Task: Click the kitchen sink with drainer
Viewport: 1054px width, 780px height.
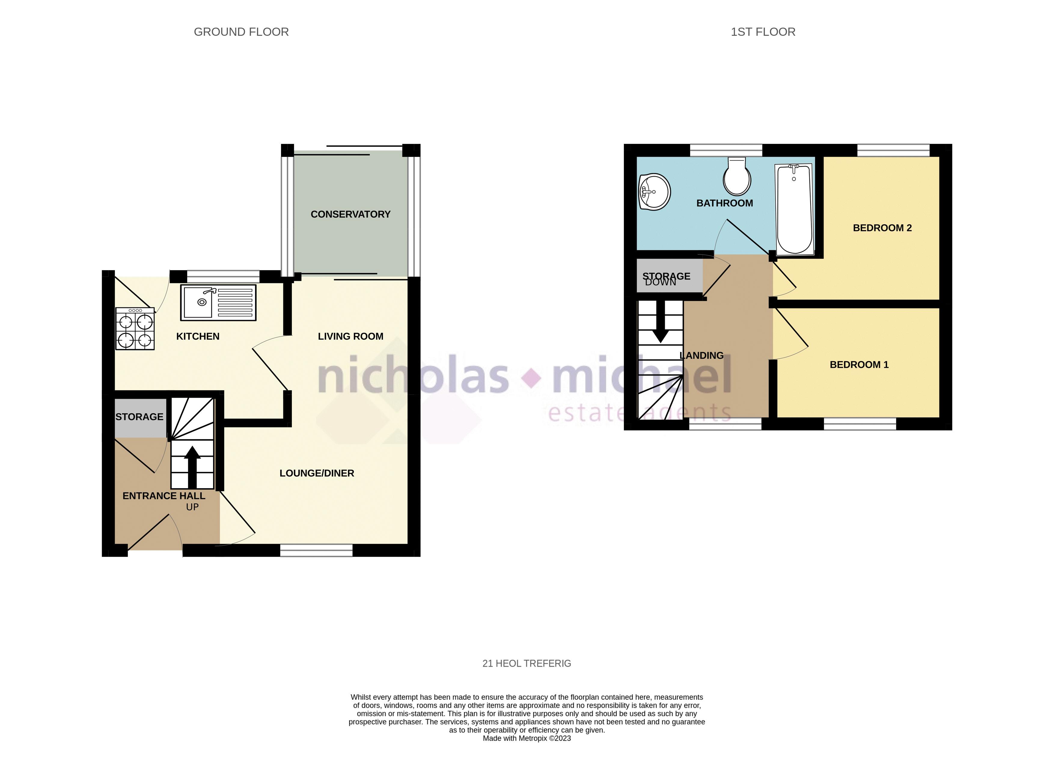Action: click(218, 303)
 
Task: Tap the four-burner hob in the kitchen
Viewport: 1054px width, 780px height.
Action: click(135, 329)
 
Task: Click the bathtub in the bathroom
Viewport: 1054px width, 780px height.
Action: click(794, 209)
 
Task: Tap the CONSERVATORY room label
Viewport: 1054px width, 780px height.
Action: click(350, 214)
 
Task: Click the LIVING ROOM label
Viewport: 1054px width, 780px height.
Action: click(350, 336)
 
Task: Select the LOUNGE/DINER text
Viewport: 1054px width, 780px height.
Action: click(317, 473)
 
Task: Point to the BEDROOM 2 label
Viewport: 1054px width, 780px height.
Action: click(882, 228)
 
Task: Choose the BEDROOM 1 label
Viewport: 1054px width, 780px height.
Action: click(859, 364)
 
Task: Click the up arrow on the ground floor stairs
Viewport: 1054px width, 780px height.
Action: click(192, 467)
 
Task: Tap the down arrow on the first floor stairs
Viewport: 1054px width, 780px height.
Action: click(660, 321)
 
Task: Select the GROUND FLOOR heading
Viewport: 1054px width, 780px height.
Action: click(241, 32)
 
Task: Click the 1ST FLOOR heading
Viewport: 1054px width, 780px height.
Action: click(763, 32)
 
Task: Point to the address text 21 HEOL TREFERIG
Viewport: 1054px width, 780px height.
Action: click(527, 663)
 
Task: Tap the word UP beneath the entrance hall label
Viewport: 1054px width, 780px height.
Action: click(192, 507)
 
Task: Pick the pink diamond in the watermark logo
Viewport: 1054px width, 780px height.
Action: click(531, 378)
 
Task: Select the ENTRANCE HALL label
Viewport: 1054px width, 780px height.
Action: click(164, 496)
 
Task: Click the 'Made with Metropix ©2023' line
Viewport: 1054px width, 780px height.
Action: click(527, 739)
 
